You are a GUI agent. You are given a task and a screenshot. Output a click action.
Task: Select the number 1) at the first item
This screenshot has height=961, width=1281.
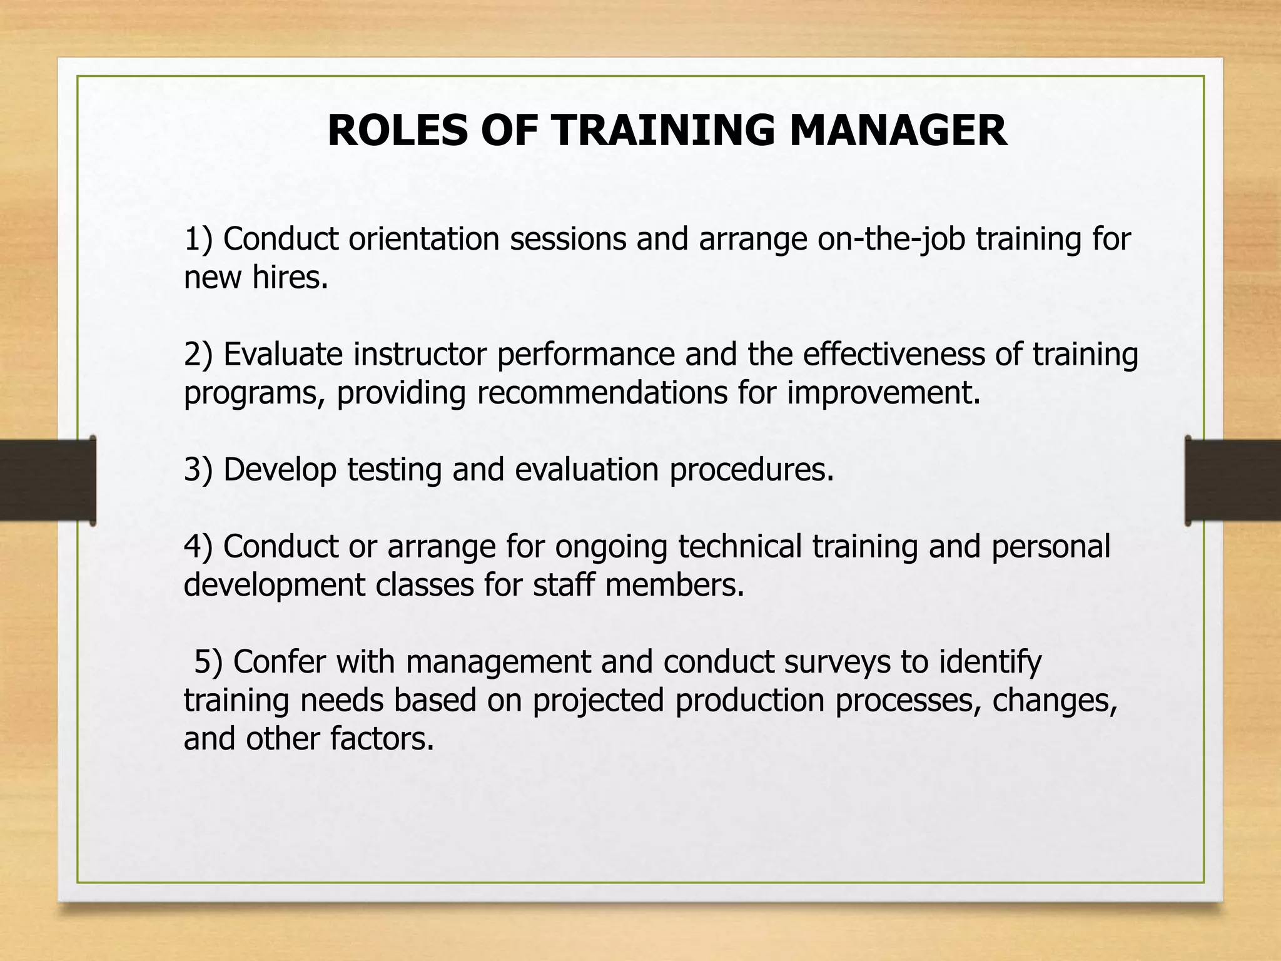(x=199, y=239)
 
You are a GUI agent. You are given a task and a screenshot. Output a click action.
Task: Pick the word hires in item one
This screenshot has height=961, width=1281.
(x=290, y=277)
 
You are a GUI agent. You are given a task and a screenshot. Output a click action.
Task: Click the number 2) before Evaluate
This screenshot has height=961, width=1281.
(x=199, y=354)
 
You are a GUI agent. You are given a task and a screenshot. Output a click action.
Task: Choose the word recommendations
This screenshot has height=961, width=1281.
(x=602, y=393)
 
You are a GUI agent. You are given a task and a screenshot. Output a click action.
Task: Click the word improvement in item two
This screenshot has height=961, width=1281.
(x=883, y=393)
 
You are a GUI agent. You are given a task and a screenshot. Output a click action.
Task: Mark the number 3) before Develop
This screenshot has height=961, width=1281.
(x=199, y=469)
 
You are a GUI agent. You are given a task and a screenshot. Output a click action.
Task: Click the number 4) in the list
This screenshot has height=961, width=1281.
(x=199, y=546)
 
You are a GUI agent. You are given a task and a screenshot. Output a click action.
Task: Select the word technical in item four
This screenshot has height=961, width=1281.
(x=740, y=546)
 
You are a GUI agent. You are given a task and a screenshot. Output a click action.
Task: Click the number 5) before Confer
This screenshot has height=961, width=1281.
(x=208, y=662)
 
